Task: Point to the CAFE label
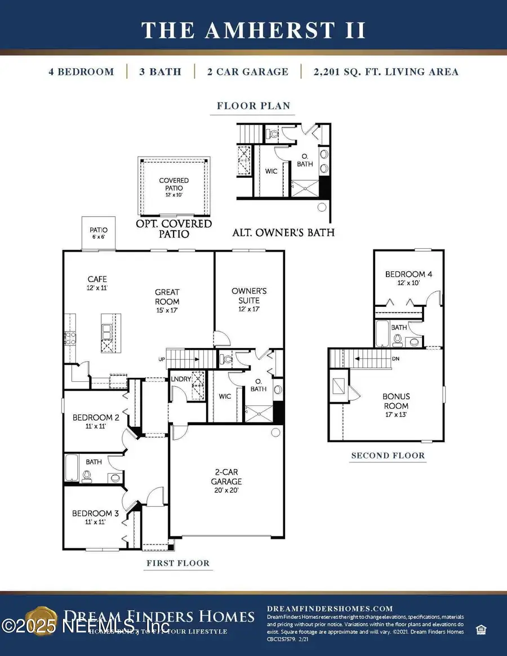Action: (x=97, y=283)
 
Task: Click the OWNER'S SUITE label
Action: (x=249, y=300)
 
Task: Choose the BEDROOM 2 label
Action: (x=96, y=422)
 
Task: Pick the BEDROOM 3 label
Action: (x=95, y=517)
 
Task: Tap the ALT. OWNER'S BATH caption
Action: (x=283, y=231)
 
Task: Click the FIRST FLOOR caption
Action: (x=177, y=563)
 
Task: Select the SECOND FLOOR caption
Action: (x=388, y=456)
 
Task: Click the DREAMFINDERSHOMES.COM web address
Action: (x=330, y=608)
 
